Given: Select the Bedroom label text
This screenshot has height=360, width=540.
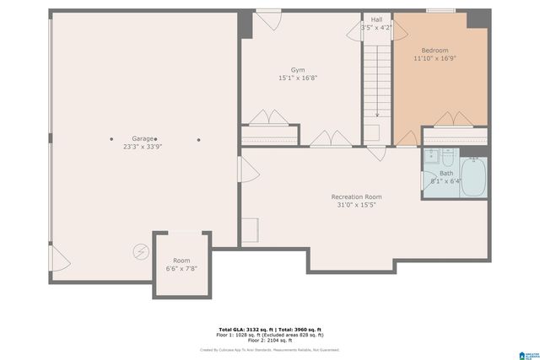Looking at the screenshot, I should pos(435,50).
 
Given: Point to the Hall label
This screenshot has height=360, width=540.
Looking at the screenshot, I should pos(375,19).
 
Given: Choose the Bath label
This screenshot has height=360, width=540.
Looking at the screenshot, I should pos(445,173).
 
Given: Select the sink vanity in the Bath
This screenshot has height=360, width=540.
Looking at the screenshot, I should pos(430,156).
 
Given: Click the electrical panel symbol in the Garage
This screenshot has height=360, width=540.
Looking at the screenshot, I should pos(141,250).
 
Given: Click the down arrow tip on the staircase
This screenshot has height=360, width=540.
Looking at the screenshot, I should pos(377,116).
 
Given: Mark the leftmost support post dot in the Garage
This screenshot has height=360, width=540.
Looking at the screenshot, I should pos(111,139).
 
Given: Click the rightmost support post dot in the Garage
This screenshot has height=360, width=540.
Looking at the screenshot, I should pos(198,140).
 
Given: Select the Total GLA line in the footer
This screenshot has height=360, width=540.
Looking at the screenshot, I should pos(270,329).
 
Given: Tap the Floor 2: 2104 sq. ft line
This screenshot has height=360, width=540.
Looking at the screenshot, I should pos(270,340).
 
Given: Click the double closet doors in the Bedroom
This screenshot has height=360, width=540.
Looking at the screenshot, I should pos(455,120).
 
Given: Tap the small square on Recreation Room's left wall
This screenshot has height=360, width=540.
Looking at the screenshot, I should pos(250,229).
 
